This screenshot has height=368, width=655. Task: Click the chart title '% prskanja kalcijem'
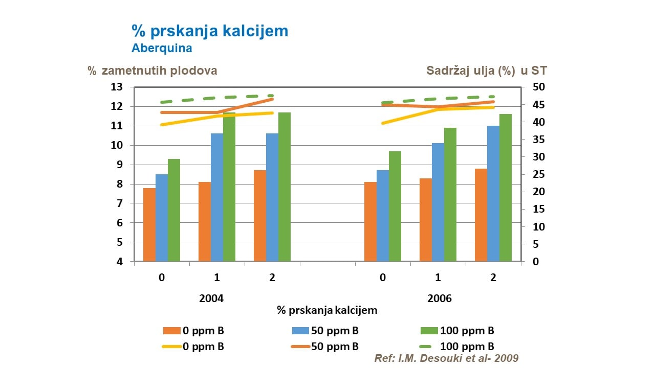coord(210,31)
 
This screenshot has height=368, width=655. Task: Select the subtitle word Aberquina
coord(162,49)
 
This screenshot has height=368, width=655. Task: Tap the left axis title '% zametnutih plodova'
coord(152,71)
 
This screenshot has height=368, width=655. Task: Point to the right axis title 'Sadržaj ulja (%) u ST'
coord(487,71)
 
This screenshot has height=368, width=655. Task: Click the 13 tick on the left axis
coord(117,87)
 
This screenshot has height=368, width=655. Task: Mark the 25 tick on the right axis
coord(533,174)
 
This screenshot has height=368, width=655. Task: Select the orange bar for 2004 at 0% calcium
coord(149,225)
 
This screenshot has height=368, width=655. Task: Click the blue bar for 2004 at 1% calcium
coord(217,197)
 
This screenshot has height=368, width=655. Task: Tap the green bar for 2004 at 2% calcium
coord(285,187)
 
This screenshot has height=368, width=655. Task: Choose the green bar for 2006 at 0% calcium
coord(395,206)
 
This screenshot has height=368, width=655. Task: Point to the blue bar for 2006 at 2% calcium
coord(493,194)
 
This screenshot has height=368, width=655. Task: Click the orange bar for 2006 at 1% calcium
coord(426,220)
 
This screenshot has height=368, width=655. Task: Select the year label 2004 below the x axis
coord(211,298)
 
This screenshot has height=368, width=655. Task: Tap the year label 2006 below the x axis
coord(440,298)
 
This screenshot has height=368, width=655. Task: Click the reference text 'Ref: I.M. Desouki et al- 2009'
coord(446,358)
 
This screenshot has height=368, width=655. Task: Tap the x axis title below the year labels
coord(327,310)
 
